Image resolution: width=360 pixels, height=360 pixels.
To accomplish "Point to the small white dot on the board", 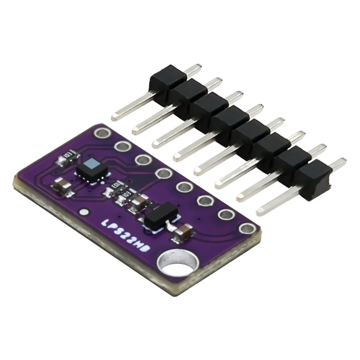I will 85,212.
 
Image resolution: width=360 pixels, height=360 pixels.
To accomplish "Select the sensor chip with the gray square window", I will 91,167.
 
